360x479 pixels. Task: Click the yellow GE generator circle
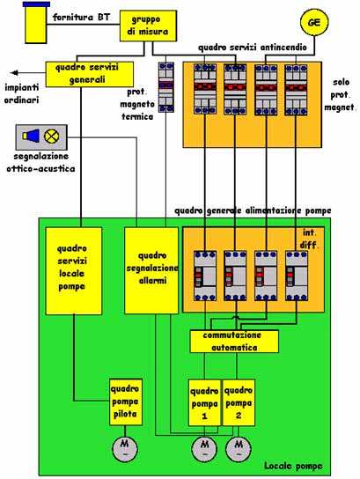coord(314,22)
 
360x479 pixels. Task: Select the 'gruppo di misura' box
coord(148,26)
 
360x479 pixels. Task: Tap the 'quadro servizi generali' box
coord(90,74)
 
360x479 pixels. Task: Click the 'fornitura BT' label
coord(81,17)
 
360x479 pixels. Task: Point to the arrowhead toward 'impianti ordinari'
coord(14,73)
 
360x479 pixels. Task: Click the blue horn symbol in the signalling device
coord(31,136)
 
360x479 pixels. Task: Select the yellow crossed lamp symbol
coord(52,136)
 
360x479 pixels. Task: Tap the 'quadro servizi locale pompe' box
coord(74,270)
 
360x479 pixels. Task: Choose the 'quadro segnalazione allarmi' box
coord(151,270)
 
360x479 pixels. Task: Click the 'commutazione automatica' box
coord(234,342)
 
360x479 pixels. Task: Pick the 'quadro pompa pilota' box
coord(126,402)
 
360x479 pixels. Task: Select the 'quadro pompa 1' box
coord(204,402)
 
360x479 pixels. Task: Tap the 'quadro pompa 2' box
coord(239,402)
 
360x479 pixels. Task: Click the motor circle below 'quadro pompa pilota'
coord(125,449)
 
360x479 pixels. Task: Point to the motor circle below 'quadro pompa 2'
coord(239,449)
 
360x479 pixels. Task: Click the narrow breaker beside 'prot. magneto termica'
coord(166,87)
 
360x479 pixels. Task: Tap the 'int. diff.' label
coord(309,239)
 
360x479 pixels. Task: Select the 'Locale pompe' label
coord(293,466)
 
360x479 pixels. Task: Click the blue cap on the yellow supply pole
coord(36,4)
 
